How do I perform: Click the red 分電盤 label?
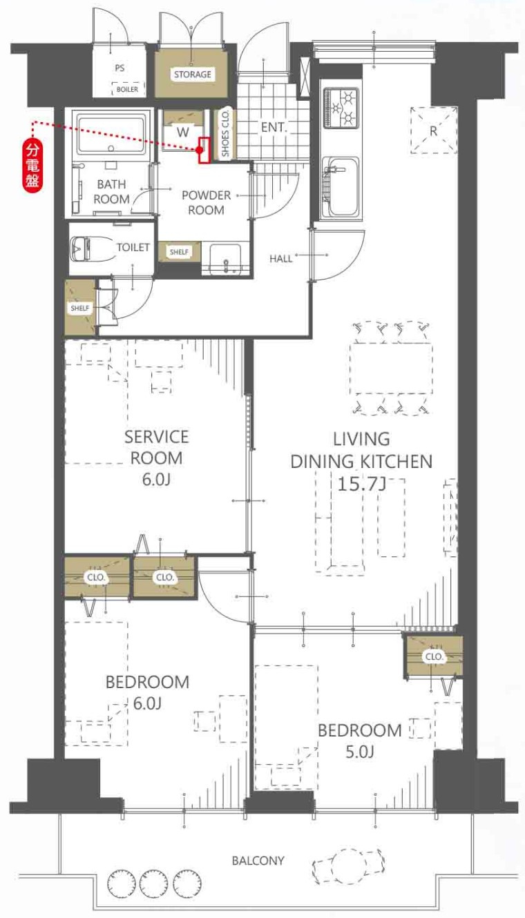tap(33, 166)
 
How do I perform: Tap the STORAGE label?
tap(192, 74)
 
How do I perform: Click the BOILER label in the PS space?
tap(127, 89)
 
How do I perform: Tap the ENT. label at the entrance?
tap(274, 127)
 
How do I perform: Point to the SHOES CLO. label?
tap(225, 134)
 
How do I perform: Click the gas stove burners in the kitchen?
tap(341, 108)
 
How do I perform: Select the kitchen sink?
tap(341, 187)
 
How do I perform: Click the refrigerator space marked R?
tap(434, 130)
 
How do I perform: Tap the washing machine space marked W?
tap(183, 132)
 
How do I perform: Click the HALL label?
tap(280, 259)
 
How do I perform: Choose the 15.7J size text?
tap(361, 484)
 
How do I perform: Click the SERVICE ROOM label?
tap(156, 447)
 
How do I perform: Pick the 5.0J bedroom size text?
tap(359, 752)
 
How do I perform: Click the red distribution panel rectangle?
tap(204, 150)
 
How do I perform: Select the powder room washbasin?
tap(225, 260)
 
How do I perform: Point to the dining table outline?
tap(391, 369)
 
